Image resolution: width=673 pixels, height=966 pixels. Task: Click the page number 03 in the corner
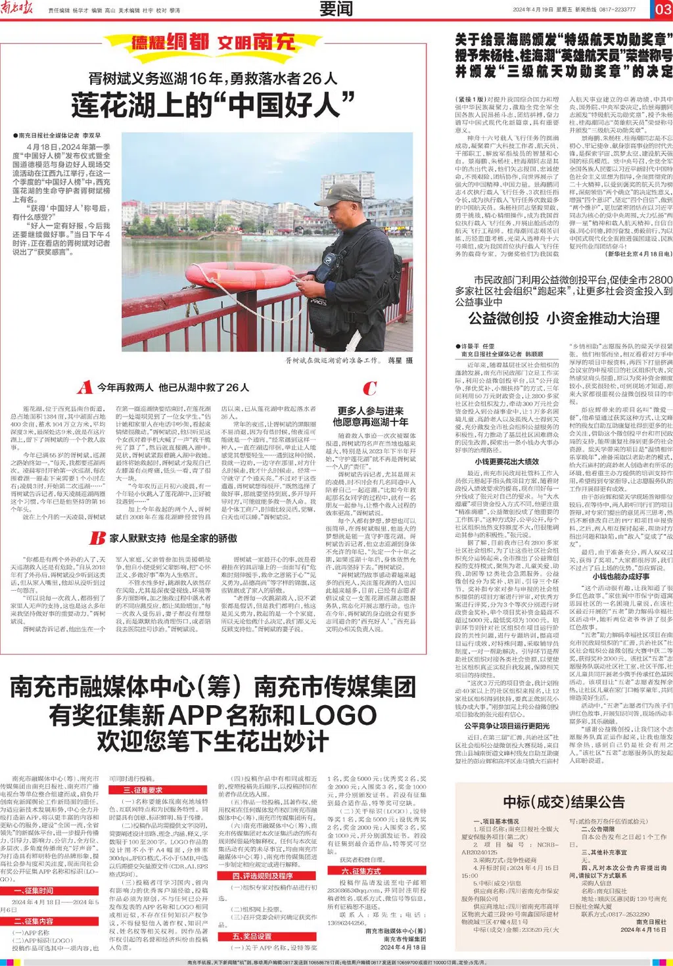(662, 9)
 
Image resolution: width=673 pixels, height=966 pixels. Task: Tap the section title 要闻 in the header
(336, 9)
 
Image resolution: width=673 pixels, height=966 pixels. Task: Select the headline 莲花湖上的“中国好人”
(213, 105)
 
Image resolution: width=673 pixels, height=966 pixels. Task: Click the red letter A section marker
(84, 387)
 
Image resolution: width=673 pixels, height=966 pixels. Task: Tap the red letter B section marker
(97, 538)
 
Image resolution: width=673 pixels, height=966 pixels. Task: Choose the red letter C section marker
(369, 388)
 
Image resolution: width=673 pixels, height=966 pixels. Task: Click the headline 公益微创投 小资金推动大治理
(563, 319)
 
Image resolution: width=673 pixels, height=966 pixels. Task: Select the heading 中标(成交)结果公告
(563, 802)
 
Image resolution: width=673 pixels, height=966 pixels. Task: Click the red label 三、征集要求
(143, 790)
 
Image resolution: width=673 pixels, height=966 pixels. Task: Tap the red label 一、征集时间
(34, 890)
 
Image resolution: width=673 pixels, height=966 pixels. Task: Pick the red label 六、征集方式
(361, 871)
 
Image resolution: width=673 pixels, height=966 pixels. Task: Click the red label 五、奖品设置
(252, 936)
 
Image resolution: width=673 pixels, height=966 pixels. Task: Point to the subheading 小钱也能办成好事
(621, 576)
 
